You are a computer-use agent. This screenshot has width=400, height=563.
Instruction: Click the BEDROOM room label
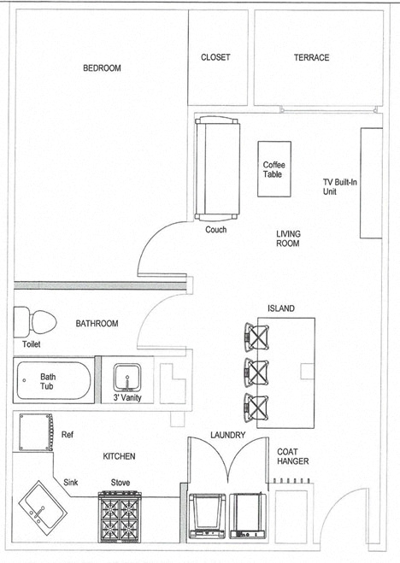[x=102, y=68]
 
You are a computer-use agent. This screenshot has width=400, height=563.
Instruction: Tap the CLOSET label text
[x=215, y=57]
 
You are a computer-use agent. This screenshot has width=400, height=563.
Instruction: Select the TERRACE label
[x=311, y=57]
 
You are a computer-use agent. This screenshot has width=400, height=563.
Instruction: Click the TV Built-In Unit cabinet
[x=370, y=184]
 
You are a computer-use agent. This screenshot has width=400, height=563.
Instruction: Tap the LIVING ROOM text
[x=288, y=238]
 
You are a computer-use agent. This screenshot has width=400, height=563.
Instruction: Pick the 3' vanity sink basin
[x=126, y=378]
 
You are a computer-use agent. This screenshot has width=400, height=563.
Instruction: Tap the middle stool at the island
[x=256, y=372]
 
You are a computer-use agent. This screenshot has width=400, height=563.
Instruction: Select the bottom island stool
[x=256, y=408]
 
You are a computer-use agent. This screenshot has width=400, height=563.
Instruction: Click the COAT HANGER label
[x=292, y=456]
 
